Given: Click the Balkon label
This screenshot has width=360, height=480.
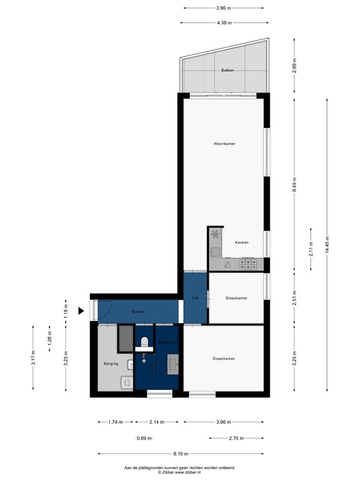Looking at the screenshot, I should click(x=227, y=71).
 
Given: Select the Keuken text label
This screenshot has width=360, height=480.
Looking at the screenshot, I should click(x=242, y=242).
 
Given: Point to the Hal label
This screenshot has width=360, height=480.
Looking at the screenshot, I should click(x=195, y=298).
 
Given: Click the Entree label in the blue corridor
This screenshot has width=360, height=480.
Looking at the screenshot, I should click(x=138, y=311).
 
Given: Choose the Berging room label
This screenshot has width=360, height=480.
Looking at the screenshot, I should click(x=111, y=363).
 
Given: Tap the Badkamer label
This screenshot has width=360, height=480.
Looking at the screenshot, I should click(x=167, y=342).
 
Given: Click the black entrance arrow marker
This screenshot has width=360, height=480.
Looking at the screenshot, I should click(x=81, y=311).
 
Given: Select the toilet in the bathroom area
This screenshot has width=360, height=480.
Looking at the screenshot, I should click(x=144, y=342).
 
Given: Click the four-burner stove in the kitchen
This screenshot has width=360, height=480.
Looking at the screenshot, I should click(x=250, y=264).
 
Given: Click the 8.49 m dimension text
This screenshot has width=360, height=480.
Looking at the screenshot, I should click(x=294, y=184).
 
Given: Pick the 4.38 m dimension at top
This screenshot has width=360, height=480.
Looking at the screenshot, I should click(x=224, y=22).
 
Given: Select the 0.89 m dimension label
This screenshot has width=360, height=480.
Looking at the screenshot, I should click(x=143, y=438).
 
